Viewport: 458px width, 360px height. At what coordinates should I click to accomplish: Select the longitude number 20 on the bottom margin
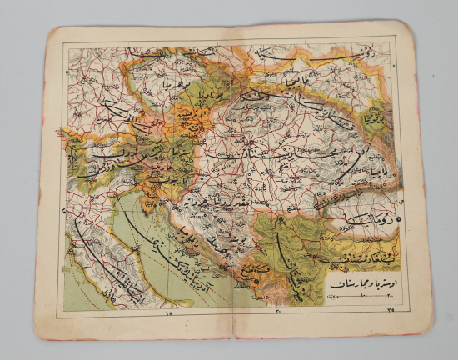(276, 312)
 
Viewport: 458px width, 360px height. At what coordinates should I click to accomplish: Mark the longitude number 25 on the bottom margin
(391, 311)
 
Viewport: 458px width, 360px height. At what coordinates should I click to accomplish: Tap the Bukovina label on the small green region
(376, 118)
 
